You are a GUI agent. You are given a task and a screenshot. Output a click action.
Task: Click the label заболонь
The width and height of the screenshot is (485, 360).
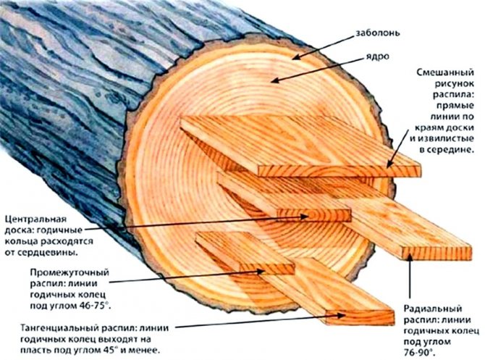(x=377, y=33)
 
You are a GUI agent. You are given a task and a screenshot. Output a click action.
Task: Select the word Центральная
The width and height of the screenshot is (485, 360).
(x=36, y=219)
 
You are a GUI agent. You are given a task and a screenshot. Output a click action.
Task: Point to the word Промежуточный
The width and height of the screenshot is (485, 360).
(x=69, y=272)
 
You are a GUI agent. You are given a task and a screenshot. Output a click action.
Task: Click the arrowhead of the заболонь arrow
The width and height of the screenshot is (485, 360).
(x=296, y=57)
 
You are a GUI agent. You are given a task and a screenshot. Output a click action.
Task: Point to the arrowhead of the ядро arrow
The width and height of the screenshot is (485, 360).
(x=274, y=81)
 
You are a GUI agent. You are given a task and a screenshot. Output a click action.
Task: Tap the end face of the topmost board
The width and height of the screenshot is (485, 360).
(x=339, y=171)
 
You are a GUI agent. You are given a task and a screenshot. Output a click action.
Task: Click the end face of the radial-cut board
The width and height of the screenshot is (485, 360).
(x=436, y=254)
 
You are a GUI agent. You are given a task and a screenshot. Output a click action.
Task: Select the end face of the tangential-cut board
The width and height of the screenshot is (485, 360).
(x=360, y=317)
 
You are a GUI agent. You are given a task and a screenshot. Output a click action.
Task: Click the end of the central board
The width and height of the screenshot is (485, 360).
(x=313, y=215)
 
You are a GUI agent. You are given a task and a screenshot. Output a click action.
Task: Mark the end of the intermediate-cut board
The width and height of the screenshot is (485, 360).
(x=267, y=269)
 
